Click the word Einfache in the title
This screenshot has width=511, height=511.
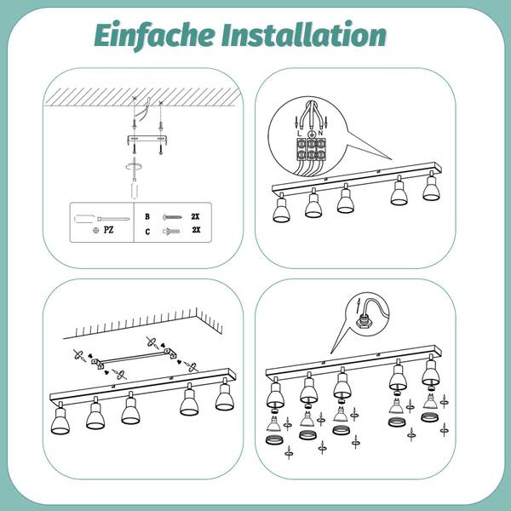154,35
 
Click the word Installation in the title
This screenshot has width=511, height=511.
304,34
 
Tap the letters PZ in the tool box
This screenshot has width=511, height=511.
108,230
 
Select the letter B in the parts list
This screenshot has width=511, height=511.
147,216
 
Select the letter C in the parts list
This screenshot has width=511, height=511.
147,232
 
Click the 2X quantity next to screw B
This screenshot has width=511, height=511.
195,216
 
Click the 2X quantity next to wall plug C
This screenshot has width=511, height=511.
196,230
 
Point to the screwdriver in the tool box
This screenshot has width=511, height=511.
102,219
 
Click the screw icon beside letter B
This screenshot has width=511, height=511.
172,216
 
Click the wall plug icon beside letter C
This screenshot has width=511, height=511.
171,232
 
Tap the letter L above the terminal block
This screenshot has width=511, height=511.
300,134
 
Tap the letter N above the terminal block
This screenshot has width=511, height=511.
321,134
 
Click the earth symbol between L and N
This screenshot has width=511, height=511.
312,134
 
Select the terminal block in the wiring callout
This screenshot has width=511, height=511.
311,149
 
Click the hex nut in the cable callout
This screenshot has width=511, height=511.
363,321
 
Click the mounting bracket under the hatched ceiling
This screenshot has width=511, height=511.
147,140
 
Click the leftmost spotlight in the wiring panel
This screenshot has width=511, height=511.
281,209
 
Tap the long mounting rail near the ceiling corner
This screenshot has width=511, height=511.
134,359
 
